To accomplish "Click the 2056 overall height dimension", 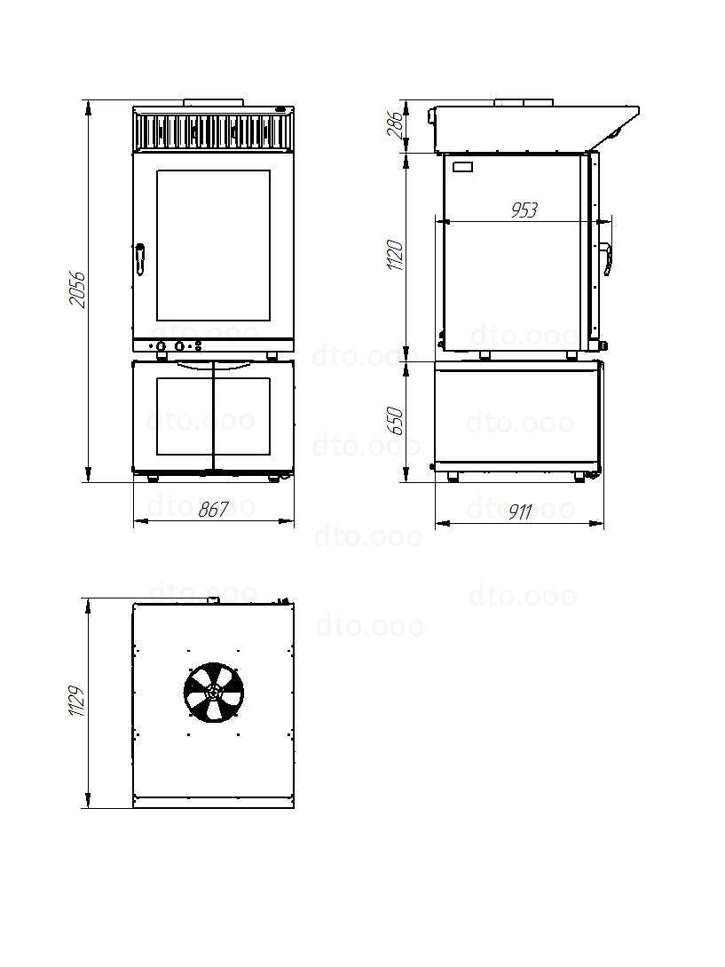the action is (78, 289).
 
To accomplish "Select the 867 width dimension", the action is (213, 510).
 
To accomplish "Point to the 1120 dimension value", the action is (395, 255).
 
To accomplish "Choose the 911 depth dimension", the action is (520, 511).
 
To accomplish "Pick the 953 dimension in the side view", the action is (524, 210).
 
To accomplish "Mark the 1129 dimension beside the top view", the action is (78, 701).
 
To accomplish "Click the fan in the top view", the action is (213, 692).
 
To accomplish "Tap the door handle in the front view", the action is (140, 259).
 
